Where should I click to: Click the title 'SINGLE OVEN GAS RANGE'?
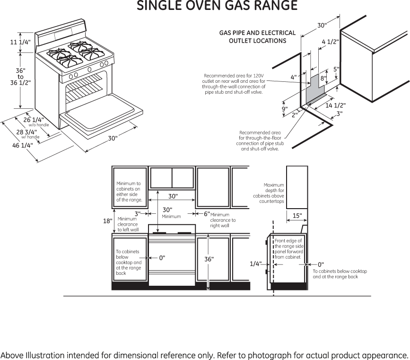(x=217, y=6)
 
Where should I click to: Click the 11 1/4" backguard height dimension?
(x=20, y=42)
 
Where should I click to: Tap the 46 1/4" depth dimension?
(x=22, y=145)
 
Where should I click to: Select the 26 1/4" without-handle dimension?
(x=34, y=120)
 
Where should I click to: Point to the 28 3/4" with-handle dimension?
(x=26, y=132)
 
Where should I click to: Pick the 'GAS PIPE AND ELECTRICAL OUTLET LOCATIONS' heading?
(x=257, y=37)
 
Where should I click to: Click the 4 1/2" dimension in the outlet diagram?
(x=331, y=42)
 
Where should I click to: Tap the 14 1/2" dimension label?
(x=336, y=105)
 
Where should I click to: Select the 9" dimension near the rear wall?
(x=285, y=109)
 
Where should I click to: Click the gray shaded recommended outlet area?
(x=314, y=90)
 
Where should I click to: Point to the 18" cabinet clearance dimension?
(x=108, y=221)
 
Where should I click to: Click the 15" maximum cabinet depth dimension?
(x=297, y=216)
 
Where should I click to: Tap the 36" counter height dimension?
(x=209, y=259)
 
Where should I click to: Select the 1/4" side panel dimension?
(x=255, y=264)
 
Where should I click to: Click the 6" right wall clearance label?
(x=207, y=214)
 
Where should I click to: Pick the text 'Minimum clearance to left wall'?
(x=128, y=224)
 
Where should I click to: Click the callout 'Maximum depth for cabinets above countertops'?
(x=269, y=193)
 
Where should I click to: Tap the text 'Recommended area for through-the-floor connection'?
(x=260, y=140)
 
